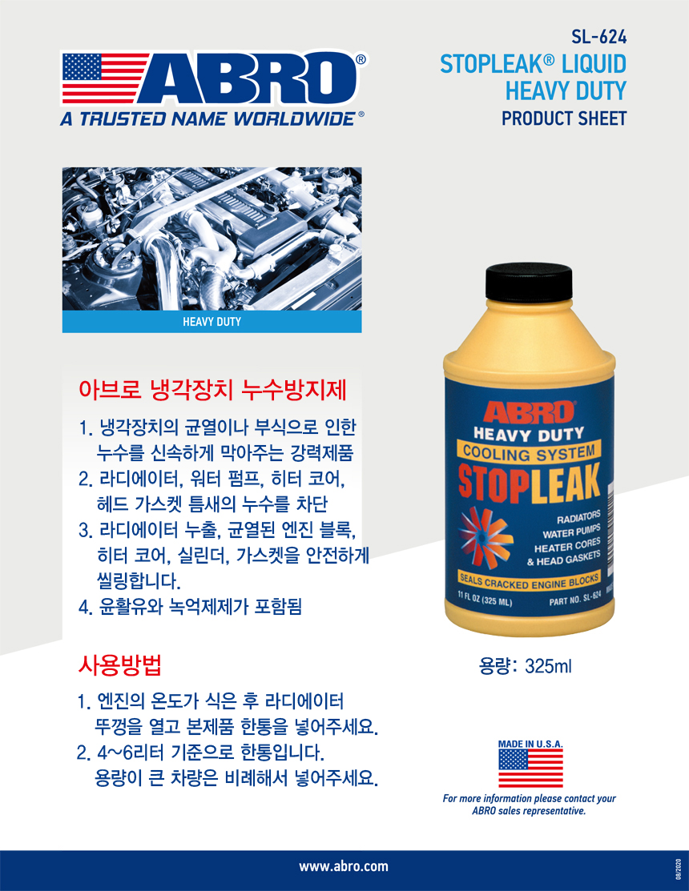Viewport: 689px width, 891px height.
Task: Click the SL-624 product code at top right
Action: point(598,38)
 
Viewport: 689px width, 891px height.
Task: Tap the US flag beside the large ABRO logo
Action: point(105,78)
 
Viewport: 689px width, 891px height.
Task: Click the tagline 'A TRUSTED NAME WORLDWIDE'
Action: point(208,118)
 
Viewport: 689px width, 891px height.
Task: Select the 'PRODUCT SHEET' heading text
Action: point(564,118)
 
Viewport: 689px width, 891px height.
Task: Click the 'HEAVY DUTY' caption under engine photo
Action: point(212,322)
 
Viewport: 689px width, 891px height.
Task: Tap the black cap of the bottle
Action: point(528,283)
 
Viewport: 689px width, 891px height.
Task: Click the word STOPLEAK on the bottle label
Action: point(530,483)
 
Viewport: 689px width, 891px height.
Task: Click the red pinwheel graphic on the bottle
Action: point(486,536)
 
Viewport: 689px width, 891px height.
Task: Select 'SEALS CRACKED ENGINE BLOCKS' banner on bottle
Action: point(529,581)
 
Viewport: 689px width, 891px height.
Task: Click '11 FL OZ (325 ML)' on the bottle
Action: point(485,599)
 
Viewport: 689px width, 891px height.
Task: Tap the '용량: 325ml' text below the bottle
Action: point(526,666)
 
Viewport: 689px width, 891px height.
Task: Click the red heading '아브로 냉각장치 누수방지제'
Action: point(212,391)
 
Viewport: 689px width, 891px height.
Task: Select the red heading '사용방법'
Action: point(120,664)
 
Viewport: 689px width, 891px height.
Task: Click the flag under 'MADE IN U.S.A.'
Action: point(530,768)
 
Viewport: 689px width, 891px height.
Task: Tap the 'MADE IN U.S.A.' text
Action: point(530,744)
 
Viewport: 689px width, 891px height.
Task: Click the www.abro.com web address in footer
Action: point(344,866)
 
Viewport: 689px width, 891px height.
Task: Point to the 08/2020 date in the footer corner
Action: point(679,870)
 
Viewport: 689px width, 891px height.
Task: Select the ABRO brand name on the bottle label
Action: point(529,413)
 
